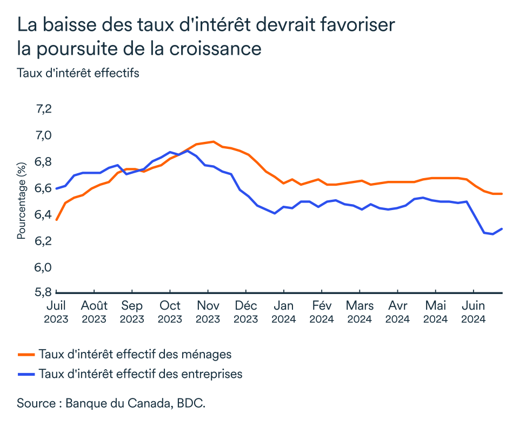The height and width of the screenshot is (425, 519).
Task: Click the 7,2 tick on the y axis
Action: click(43, 109)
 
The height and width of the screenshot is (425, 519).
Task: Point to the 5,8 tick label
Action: click(43, 292)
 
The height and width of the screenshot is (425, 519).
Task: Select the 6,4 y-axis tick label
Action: click(43, 214)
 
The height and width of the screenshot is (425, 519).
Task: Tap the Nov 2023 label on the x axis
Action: click(208, 311)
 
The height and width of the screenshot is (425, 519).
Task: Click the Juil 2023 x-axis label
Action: click(56, 311)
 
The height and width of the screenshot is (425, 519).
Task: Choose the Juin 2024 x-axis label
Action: click(474, 311)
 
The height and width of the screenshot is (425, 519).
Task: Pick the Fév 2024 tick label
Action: click(322, 311)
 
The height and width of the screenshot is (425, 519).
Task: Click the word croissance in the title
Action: click(215, 48)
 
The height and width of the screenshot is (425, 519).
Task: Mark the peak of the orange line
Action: click(213, 142)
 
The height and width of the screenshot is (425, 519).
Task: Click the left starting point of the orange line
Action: click(56, 220)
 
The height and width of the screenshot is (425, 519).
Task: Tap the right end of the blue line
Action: click(502, 228)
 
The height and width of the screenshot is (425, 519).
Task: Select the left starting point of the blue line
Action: click(56, 188)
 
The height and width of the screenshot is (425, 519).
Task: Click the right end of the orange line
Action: click(502, 194)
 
